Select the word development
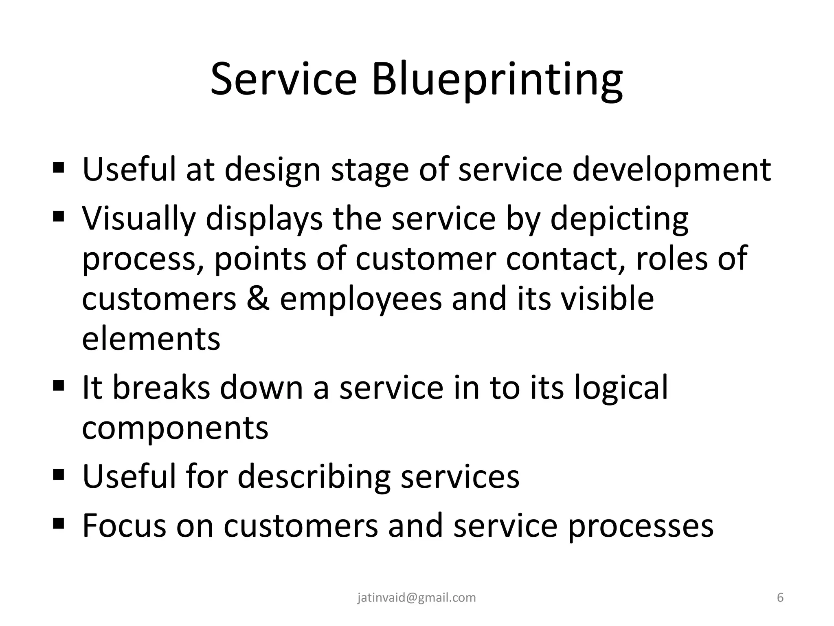pos(672,170)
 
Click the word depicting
pos(619,219)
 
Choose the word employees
pos(361,300)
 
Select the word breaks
pos(161,388)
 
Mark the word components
pos(175,428)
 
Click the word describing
pos(314,477)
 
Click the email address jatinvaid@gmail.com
pos(417,598)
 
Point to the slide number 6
pos(780,598)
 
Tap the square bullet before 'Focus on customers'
pos(59,522)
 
